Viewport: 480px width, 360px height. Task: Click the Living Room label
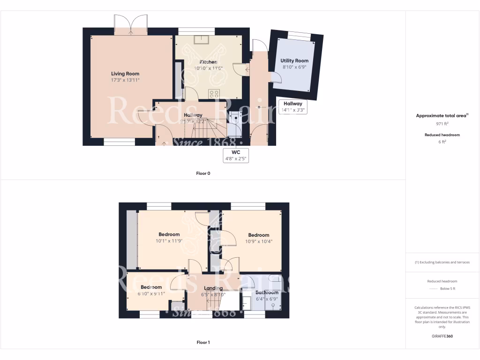pyautogui.click(x=125, y=74)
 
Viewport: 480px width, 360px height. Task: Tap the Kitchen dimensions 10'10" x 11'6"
pyautogui.click(x=208, y=68)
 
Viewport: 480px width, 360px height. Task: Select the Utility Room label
pyautogui.click(x=294, y=61)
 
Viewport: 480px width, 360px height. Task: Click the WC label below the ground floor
pyautogui.click(x=236, y=152)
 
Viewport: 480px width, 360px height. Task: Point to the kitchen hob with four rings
pyautogui.click(x=214, y=93)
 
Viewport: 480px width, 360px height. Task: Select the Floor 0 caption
pyautogui.click(x=203, y=173)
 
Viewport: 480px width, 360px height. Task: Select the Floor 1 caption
pyautogui.click(x=203, y=343)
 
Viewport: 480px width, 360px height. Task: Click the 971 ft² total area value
pyautogui.click(x=442, y=124)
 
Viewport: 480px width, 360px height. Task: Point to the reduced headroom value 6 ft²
pyautogui.click(x=442, y=142)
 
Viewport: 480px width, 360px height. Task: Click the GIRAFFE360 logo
pyautogui.click(x=442, y=336)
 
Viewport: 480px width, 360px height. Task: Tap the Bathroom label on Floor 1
pyautogui.click(x=267, y=292)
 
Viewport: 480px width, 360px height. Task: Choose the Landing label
pyautogui.click(x=213, y=288)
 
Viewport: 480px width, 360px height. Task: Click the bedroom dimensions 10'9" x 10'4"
pyautogui.click(x=259, y=242)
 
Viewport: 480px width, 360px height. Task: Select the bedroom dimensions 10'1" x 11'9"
pyautogui.click(x=169, y=241)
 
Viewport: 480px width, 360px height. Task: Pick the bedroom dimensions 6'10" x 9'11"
pyautogui.click(x=151, y=294)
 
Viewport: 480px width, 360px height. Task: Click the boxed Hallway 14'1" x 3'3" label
pyautogui.click(x=292, y=107)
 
